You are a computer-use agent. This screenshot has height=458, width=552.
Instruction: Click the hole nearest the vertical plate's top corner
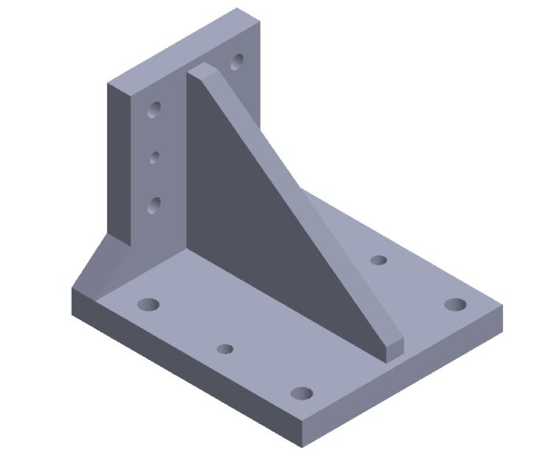tap(237, 61)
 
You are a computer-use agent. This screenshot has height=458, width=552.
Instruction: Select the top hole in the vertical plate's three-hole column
tap(155, 109)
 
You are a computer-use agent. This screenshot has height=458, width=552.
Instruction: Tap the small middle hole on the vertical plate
tap(155, 157)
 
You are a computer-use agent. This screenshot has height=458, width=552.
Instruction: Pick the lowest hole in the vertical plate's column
tap(154, 206)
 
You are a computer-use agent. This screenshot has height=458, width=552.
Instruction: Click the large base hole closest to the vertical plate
tap(148, 304)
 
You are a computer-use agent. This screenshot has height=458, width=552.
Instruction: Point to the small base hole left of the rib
tap(225, 348)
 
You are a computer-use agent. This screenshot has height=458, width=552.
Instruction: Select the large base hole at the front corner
tap(302, 392)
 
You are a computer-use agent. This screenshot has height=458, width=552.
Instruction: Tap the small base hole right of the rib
tap(379, 260)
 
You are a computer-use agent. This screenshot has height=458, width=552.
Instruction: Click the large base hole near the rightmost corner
tap(455, 304)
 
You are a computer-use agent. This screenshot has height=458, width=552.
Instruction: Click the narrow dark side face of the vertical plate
tap(118, 158)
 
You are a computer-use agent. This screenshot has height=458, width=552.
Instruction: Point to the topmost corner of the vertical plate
tap(237, 9)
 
